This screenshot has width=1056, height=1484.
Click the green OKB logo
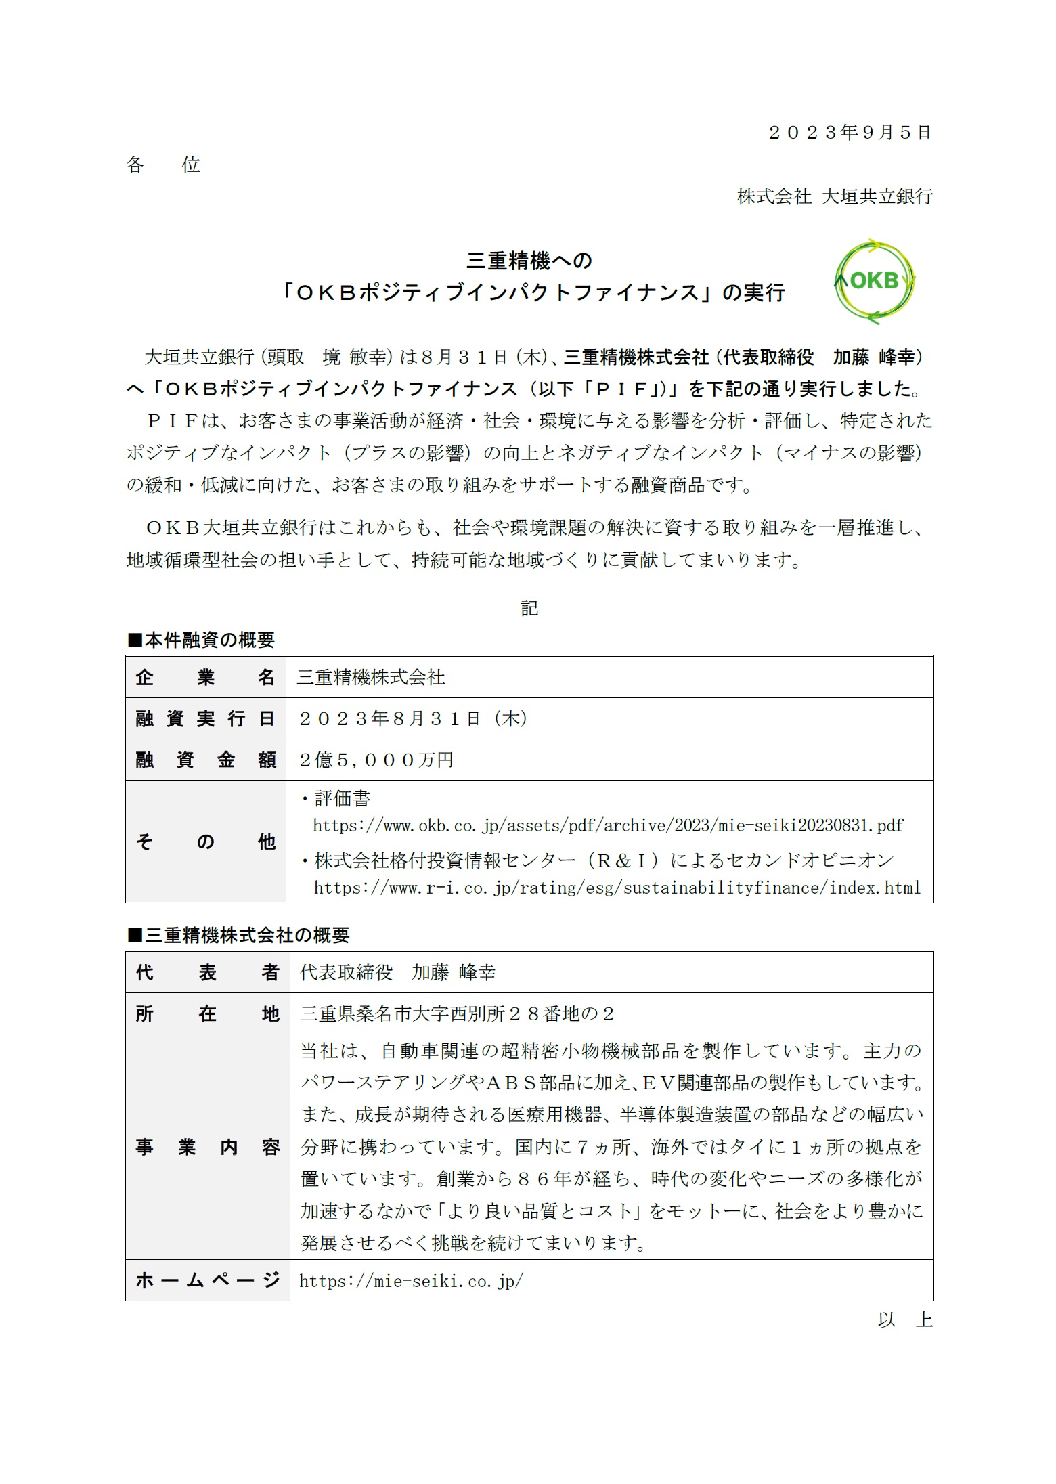(874, 281)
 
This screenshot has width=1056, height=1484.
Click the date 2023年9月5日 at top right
(850, 133)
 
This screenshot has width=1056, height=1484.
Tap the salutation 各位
(163, 165)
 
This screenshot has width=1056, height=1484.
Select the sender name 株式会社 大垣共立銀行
(835, 197)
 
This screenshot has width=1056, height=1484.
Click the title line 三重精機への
(529, 261)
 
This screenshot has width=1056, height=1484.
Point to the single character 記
(529, 609)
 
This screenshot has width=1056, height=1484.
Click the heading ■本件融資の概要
(201, 640)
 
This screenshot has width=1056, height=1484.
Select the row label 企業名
(205, 678)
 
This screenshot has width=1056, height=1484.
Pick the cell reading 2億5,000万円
(376, 760)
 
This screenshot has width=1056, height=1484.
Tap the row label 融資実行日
(205, 719)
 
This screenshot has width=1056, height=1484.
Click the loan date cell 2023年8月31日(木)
(413, 718)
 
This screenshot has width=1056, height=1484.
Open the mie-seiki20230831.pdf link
(607, 825)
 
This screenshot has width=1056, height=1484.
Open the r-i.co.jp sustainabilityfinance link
(617, 888)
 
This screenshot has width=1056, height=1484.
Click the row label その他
(205, 842)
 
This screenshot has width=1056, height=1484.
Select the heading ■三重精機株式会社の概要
(238, 935)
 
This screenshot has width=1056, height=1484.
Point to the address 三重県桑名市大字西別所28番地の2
(457, 1014)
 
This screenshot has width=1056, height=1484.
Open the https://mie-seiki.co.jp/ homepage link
(411, 1281)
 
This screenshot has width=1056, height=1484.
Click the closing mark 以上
(904, 1319)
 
